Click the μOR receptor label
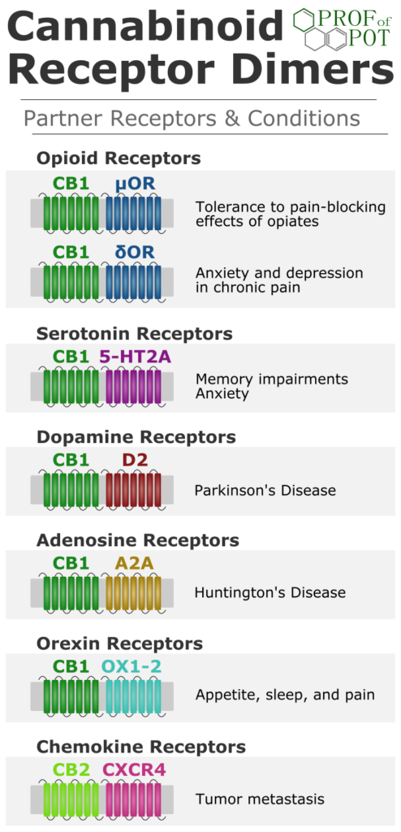136,184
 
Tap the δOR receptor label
136,252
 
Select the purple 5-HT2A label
136,357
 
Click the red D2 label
136,460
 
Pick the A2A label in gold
136,562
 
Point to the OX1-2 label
132,666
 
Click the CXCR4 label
134,769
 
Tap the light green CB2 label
71,769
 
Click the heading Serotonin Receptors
134,334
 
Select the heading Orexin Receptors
120,643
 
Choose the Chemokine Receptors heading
141,747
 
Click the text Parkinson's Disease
265,489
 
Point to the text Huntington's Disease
270,592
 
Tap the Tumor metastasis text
260,799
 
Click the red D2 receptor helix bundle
133,488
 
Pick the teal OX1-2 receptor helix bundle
133,695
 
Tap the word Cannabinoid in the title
145,28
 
